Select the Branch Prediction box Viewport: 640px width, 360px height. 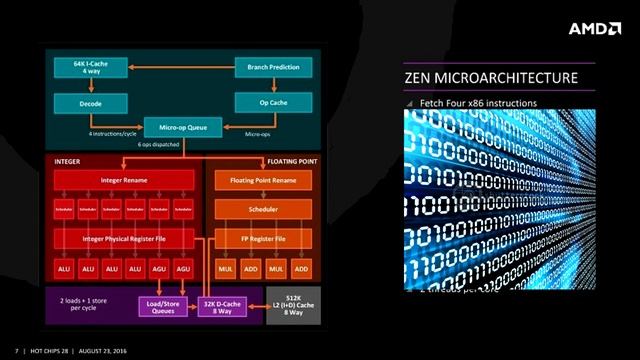point(273,68)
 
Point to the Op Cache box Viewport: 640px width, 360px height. point(273,102)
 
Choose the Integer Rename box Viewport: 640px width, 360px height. point(125,180)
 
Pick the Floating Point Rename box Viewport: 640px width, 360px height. point(262,180)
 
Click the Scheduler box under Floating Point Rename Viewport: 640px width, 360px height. point(262,210)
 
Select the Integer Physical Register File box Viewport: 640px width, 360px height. point(125,240)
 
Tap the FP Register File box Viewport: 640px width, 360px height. point(262,240)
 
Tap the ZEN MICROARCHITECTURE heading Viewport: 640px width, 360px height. point(490,78)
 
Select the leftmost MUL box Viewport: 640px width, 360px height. point(227,270)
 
